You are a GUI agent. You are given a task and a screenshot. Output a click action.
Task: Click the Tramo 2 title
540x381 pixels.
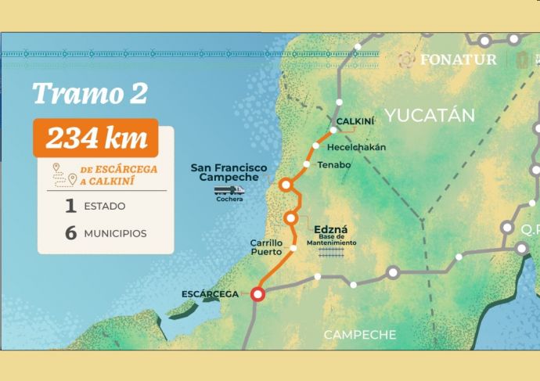coord(88,93)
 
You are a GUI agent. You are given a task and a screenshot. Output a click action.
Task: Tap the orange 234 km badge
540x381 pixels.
coord(96,138)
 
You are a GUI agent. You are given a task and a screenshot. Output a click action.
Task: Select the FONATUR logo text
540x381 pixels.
coord(458,59)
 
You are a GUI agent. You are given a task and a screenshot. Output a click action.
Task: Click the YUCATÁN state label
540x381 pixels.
coord(430,116)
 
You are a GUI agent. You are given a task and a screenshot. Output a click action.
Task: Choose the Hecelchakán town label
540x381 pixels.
coord(357,147)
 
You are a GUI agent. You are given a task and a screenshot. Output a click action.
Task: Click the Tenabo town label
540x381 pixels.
coord(334,164)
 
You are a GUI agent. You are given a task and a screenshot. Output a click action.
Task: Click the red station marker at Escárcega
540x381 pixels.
coord(257,294)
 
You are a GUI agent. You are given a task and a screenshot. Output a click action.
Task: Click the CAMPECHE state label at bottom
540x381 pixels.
coord(360,335)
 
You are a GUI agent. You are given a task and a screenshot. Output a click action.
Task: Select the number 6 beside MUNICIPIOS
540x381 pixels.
coord(70,232)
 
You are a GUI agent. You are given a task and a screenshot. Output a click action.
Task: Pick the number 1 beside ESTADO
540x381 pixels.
coord(70,207)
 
